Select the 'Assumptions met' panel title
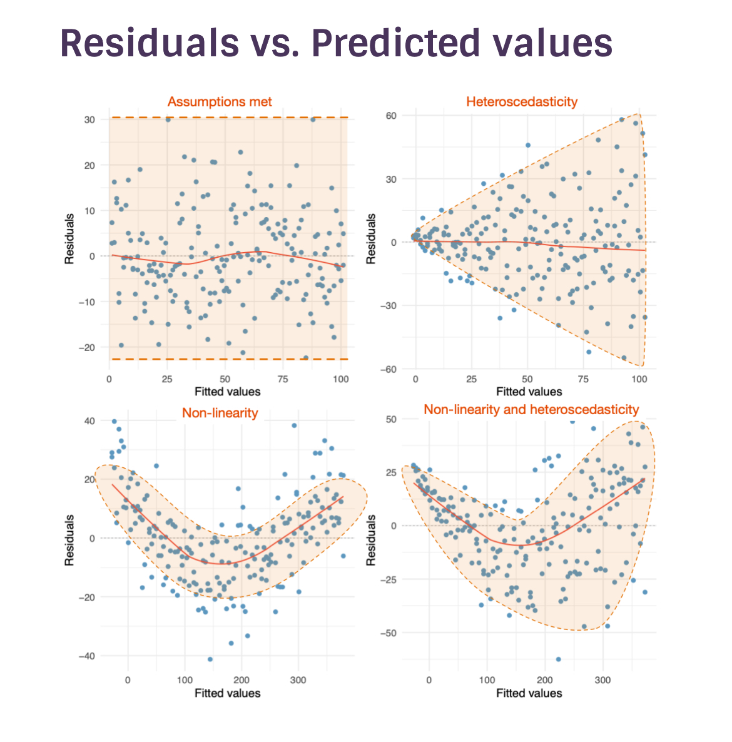pyautogui.click(x=220, y=102)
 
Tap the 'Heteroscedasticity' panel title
pyautogui.click(x=522, y=102)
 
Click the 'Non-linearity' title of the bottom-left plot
pyautogui.click(x=220, y=413)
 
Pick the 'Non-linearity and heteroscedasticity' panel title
pyautogui.click(x=531, y=410)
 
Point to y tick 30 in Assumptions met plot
pyautogui.click(x=89, y=119)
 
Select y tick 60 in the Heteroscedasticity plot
pyautogui.click(x=391, y=116)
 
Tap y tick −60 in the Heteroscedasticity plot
pyautogui.click(x=389, y=369)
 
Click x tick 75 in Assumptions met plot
pyautogui.click(x=283, y=379)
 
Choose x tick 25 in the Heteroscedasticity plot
pyautogui.click(x=472, y=379)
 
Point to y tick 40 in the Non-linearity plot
pyautogui.click(x=89, y=421)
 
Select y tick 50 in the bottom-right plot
pyautogui.click(x=391, y=419)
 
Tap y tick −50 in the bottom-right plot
pyautogui.click(x=389, y=633)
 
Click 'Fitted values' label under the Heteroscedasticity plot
pyautogui.click(x=529, y=392)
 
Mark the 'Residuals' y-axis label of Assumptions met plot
pyautogui.click(x=69, y=238)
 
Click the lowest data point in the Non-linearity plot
pyautogui.click(x=210, y=659)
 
